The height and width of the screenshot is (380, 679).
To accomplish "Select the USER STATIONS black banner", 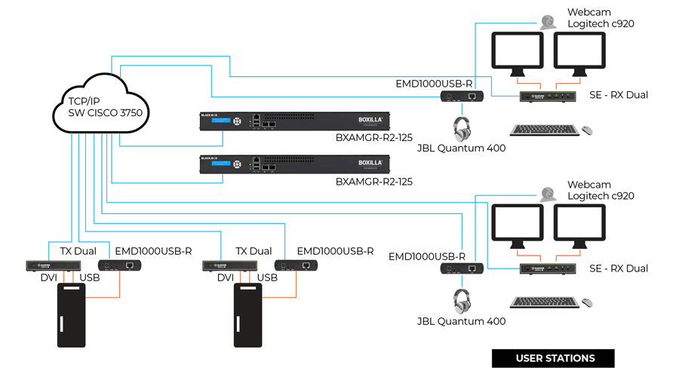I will click(x=554, y=358).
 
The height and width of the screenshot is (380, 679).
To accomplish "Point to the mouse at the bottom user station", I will click(x=587, y=302).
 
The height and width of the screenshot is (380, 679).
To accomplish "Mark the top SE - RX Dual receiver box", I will click(x=550, y=96).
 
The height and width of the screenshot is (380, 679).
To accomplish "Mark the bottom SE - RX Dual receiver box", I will click(x=550, y=268).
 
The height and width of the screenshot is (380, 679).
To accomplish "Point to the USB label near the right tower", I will click(x=267, y=278).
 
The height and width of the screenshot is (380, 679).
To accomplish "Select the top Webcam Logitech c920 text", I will click(x=601, y=18).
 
